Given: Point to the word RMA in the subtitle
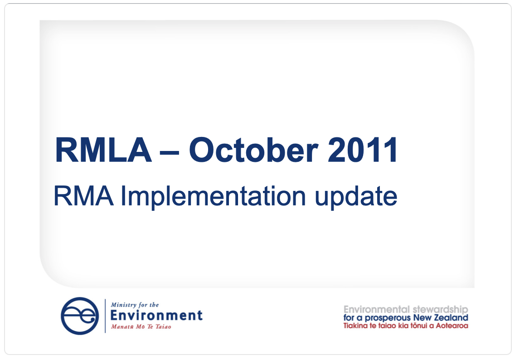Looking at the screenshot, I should pos(83,196).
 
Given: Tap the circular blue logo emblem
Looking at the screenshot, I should pos(80,316).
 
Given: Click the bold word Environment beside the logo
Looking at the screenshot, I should pos(156,316).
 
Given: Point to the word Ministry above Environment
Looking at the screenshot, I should pos(124,305).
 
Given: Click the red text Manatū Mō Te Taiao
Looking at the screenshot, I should pos(141,326).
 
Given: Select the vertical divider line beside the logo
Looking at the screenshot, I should pos(105,316).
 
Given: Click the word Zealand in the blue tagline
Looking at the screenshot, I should pos(452,318).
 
